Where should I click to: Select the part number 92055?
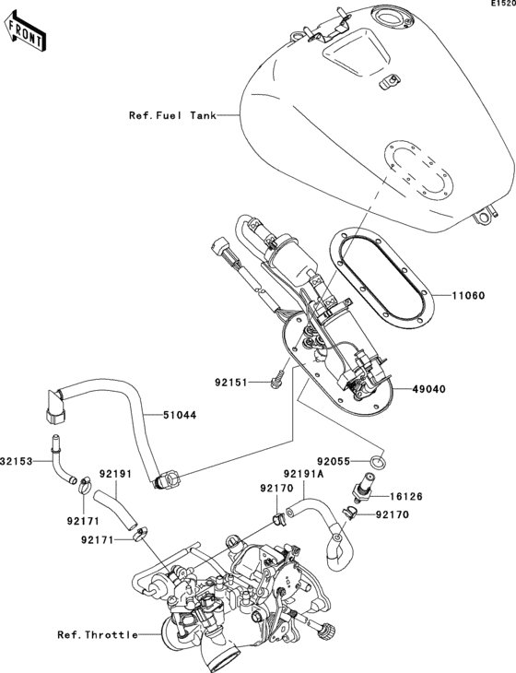coord(336,458)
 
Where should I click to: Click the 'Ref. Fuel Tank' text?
coord(172,116)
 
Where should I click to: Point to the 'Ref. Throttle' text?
coord(98,634)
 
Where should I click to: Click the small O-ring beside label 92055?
coord(377,459)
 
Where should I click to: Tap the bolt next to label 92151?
coord(276,378)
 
